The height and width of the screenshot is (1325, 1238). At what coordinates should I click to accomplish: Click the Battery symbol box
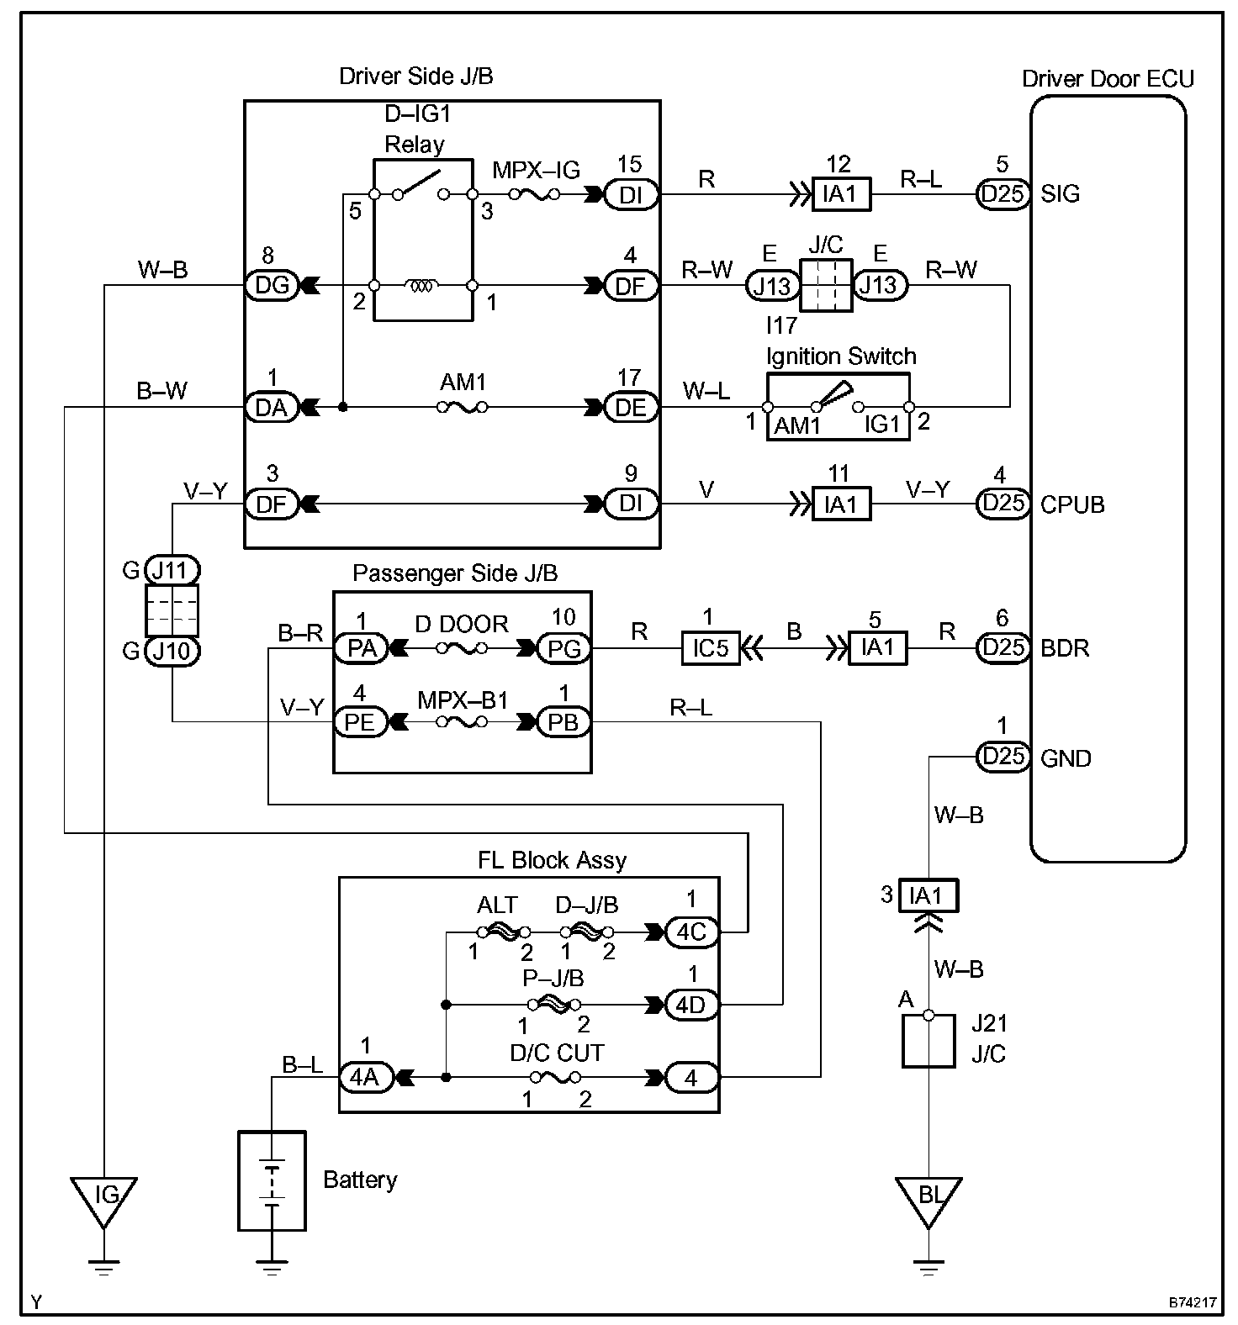(x=272, y=1180)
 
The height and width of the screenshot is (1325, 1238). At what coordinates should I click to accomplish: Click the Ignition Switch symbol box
(x=839, y=408)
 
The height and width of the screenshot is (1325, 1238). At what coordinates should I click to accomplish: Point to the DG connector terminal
(x=272, y=286)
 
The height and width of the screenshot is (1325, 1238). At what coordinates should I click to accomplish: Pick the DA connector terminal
(x=272, y=408)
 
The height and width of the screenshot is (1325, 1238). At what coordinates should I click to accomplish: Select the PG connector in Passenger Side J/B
(x=563, y=648)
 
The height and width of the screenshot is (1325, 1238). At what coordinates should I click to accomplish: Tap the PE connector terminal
(x=361, y=722)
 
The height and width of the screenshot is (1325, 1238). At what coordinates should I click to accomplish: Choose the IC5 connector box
(x=710, y=648)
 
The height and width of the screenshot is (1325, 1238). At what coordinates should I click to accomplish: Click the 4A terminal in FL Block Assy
(x=366, y=1077)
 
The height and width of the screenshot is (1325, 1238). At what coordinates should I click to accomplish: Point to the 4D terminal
(x=691, y=1005)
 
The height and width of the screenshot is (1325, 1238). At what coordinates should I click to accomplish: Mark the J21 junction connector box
(x=928, y=1041)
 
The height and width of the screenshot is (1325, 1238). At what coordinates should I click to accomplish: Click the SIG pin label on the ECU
(x=1061, y=194)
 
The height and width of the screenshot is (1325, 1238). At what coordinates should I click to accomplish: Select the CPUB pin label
(x=1072, y=504)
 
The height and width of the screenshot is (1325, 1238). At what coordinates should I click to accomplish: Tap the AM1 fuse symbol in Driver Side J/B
(x=463, y=408)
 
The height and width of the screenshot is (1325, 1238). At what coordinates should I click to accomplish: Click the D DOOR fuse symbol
(x=462, y=648)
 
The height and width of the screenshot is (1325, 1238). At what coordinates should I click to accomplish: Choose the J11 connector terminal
(x=172, y=571)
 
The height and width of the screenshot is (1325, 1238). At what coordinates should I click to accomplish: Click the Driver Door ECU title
(x=1108, y=79)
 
